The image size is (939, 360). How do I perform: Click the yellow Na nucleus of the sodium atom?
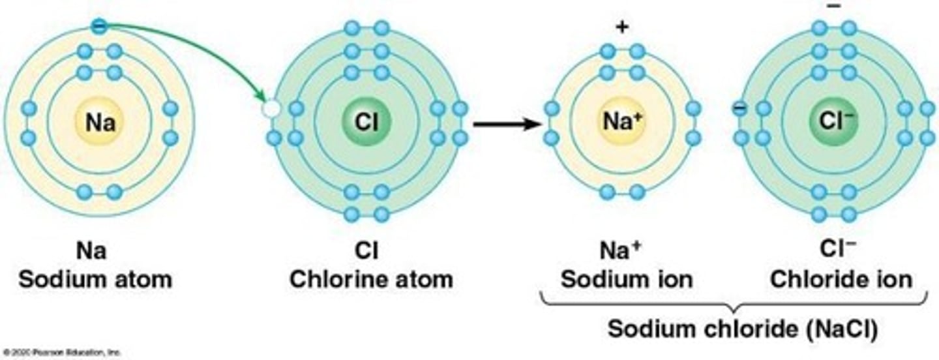(100, 123)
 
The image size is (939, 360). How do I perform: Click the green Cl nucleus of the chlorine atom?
(366, 123)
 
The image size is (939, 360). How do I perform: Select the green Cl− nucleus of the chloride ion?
(833, 123)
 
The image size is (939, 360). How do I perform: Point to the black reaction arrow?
(506, 123)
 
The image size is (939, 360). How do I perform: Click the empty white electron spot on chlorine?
(269, 109)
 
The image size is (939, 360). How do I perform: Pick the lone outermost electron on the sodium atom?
(98, 27)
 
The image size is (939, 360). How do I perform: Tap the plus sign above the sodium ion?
(622, 27)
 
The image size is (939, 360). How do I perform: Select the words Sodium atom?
(95, 279)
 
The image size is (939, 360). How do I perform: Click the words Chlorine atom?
(371, 279)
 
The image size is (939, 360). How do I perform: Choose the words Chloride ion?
(841, 279)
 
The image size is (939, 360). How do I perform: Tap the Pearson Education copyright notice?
(62, 353)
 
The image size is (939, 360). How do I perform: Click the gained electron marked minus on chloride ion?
(739, 108)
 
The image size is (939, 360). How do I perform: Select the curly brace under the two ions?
(734, 304)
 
